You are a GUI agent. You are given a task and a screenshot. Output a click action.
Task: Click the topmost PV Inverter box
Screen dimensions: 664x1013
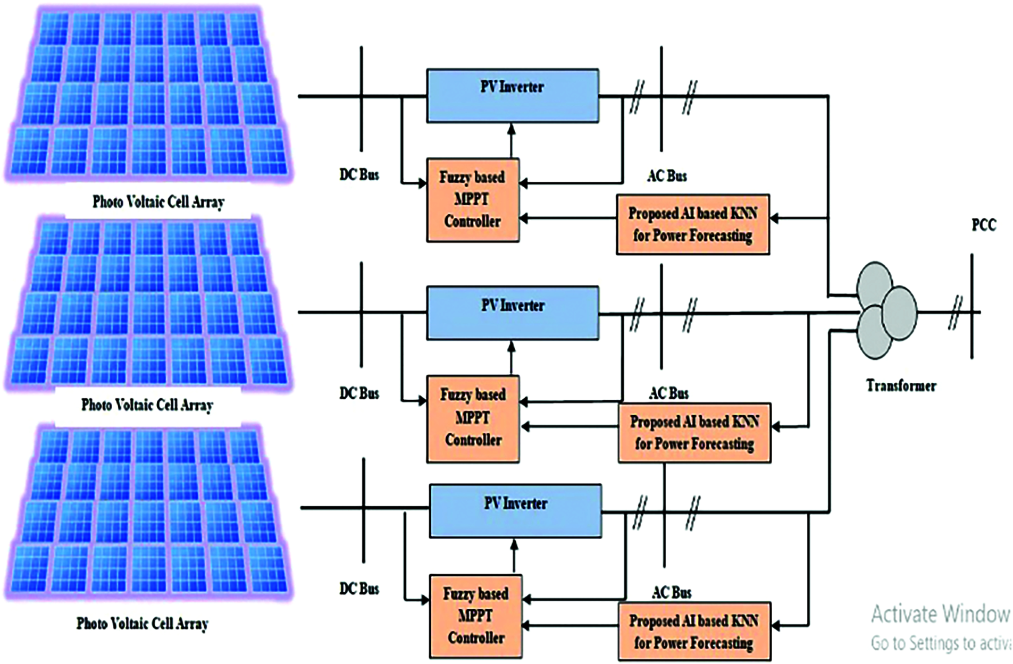click(x=512, y=96)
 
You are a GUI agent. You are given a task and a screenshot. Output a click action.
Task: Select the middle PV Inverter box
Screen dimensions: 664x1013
click(x=512, y=313)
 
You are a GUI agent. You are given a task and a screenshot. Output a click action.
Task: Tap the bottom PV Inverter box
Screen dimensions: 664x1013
click(x=515, y=511)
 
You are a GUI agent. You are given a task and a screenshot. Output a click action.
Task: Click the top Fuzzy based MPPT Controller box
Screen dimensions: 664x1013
click(x=473, y=200)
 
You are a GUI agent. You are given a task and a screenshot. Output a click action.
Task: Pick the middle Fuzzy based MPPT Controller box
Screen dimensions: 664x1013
click(x=473, y=418)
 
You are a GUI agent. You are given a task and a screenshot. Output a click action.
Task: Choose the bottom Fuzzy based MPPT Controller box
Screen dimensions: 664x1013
click(x=475, y=616)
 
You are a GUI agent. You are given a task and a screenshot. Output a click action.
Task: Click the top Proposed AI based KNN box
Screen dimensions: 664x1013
click(x=692, y=224)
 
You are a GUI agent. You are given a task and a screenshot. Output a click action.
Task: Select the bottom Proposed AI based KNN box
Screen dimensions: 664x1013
click(x=693, y=632)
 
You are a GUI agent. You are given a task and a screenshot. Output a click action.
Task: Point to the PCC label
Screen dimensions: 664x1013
click(x=983, y=225)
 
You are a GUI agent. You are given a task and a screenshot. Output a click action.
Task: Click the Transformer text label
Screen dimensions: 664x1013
click(x=901, y=385)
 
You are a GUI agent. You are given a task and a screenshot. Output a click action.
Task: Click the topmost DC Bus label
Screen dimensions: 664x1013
click(x=359, y=175)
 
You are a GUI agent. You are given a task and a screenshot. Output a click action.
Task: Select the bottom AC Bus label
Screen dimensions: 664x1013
click(x=671, y=593)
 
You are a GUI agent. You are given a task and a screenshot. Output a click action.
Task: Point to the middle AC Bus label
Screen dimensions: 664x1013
click(x=668, y=393)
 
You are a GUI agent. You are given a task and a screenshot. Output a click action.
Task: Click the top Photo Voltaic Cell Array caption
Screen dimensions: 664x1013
click(x=158, y=202)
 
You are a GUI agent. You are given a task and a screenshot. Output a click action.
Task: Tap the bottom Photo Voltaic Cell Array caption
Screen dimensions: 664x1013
click(x=142, y=624)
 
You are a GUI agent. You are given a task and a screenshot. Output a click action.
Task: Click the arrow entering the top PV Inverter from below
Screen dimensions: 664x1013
click(x=512, y=139)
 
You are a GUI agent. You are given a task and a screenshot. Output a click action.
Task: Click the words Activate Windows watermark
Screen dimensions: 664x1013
click(x=940, y=615)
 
